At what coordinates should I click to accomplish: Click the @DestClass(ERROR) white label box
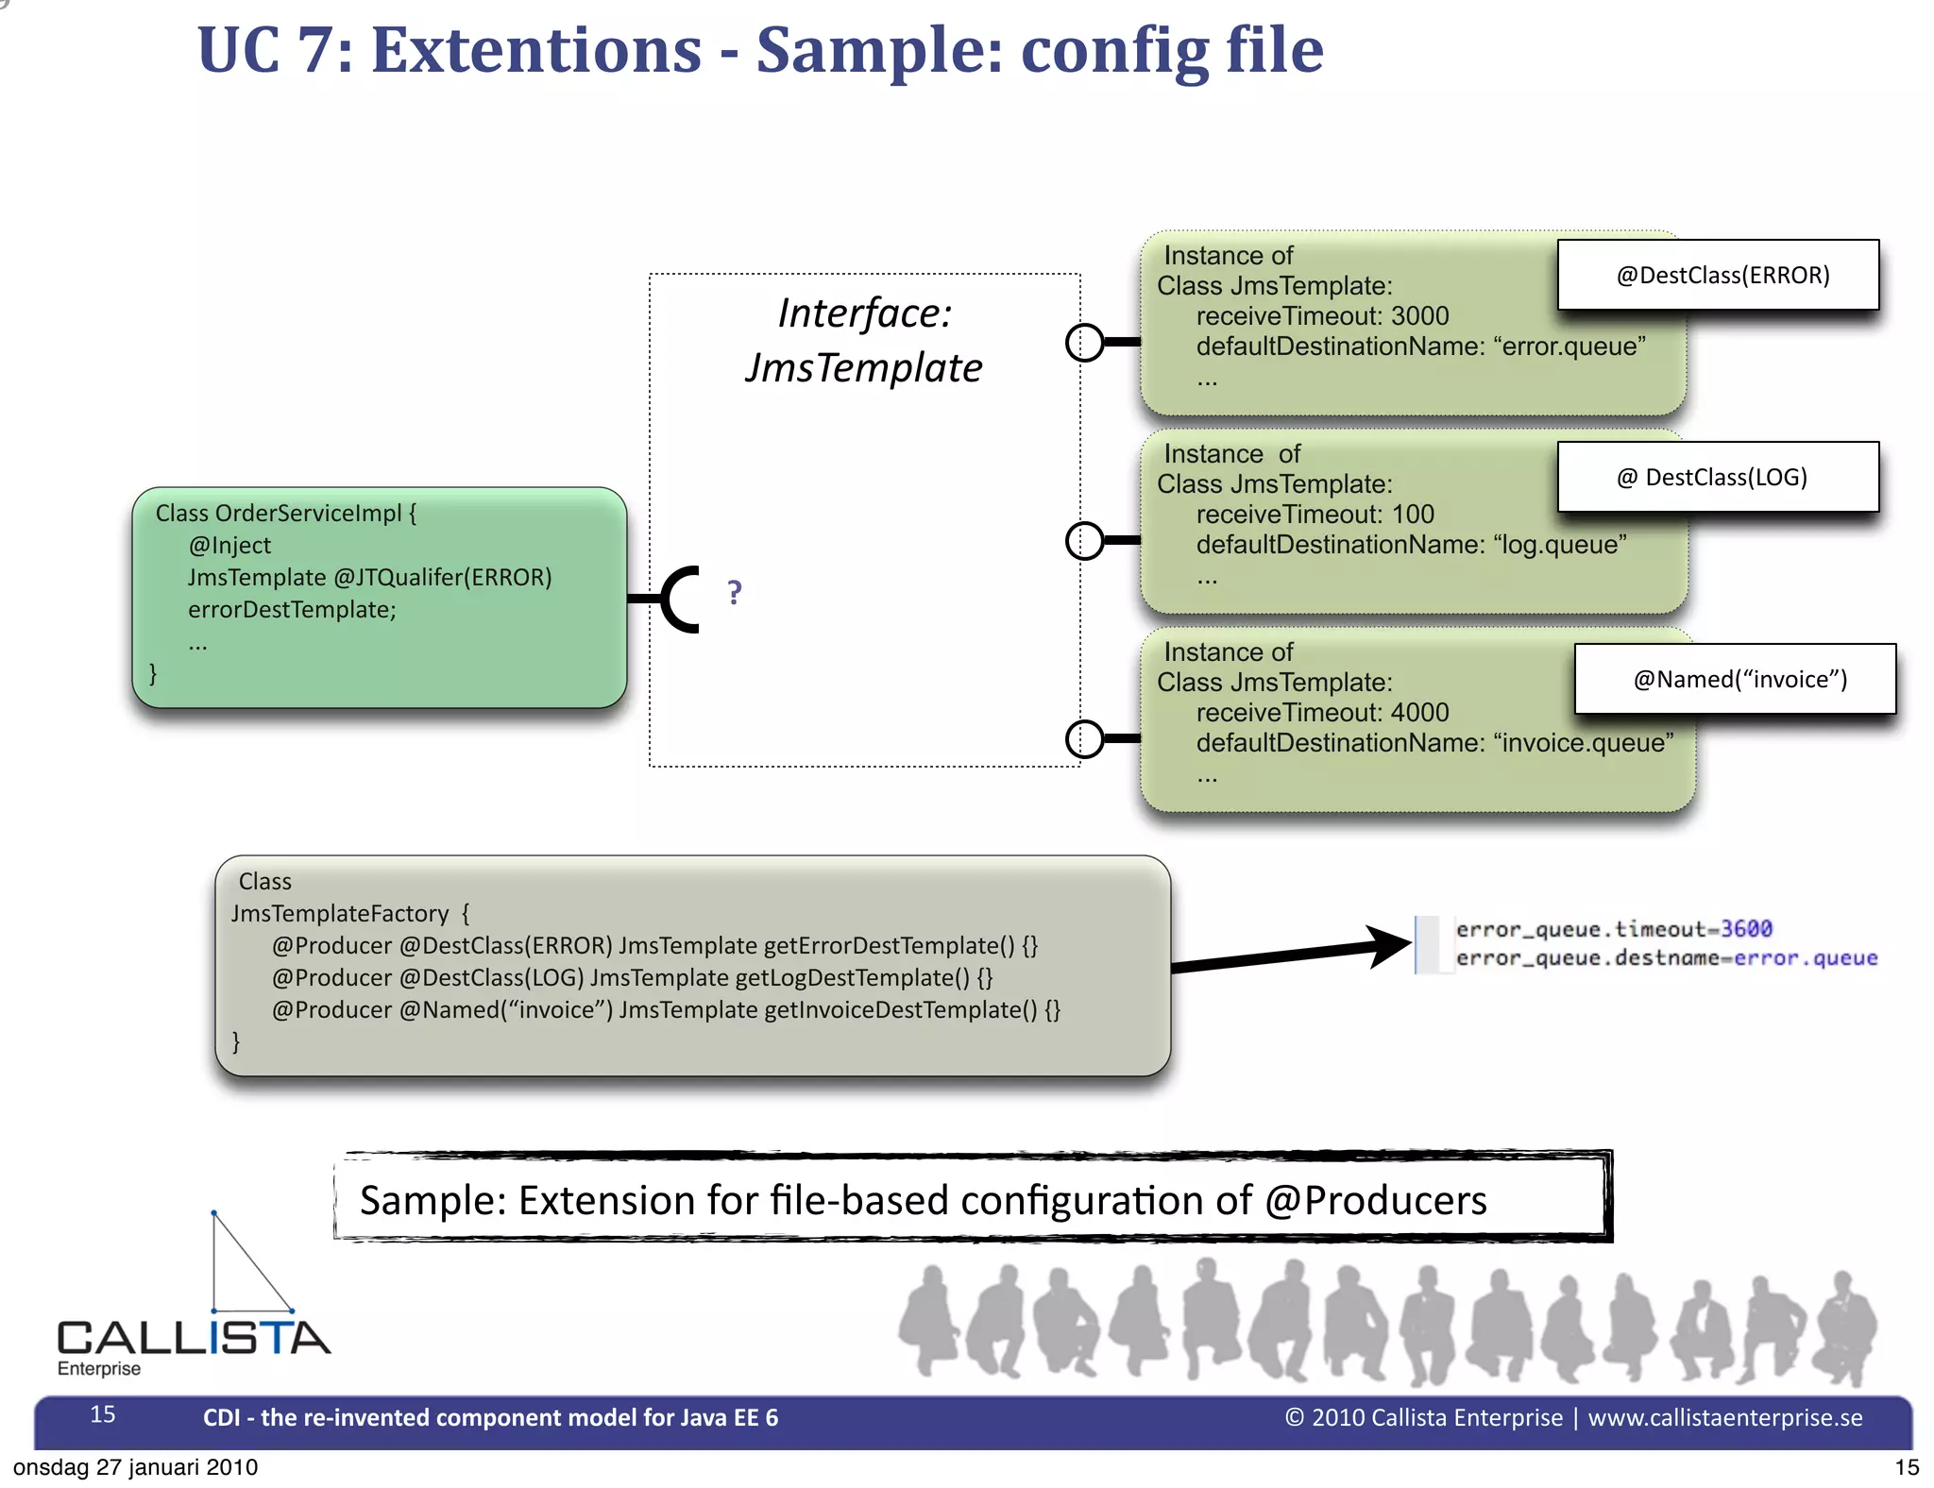coord(1717,275)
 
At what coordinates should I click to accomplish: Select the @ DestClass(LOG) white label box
coord(1717,477)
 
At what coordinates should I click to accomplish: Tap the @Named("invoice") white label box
coord(1735,679)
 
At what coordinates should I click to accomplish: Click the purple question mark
coord(735,593)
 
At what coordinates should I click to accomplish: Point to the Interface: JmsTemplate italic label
coord(863,340)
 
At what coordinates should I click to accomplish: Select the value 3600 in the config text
coord(1746,929)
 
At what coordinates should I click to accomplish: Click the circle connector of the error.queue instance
coord(1084,343)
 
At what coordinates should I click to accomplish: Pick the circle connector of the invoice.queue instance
coord(1084,738)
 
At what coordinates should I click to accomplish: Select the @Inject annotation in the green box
coord(229,546)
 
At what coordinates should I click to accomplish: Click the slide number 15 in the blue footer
coord(102,1414)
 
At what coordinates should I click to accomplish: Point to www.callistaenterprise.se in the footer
coord(1724,1418)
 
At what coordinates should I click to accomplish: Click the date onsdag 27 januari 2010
coord(135,1467)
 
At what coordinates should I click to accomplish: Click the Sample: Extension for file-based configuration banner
coord(973,1199)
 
